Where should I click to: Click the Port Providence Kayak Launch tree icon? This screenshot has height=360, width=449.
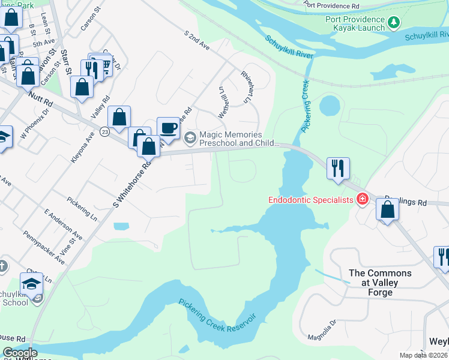pyautogui.click(x=394, y=23)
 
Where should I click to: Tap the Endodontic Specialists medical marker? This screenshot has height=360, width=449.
pyautogui.click(x=362, y=199)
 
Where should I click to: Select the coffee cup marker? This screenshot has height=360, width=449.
pyautogui.click(x=168, y=128)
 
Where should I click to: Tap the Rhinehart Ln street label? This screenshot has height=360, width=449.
pyautogui.click(x=247, y=88)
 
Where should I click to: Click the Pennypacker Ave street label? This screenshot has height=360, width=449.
pyautogui.click(x=44, y=248)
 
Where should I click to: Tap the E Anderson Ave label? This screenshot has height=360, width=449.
pyautogui.click(x=63, y=223)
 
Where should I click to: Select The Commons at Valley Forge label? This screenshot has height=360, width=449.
pyautogui.click(x=380, y=283)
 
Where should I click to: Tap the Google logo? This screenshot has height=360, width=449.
pyautogui.click(x=20, y=353)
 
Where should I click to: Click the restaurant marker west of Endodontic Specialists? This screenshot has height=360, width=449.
pyautogui.click(x=338, y=168)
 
